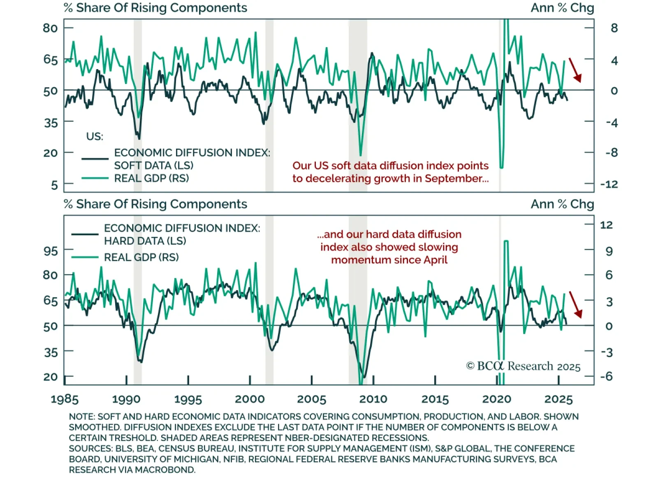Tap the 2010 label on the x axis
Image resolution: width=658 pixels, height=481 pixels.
click(373, 399)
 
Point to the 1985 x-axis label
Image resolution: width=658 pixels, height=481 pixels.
click(65, 399)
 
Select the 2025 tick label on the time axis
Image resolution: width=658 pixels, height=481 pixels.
click(558, 399)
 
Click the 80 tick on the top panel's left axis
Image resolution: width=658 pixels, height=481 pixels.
click(50, 28)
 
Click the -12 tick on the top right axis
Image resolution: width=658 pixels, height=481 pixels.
click(609, 184)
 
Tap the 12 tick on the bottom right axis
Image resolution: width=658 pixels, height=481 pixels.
click(606, 225)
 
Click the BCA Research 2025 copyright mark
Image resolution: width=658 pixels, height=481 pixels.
click(523, 366)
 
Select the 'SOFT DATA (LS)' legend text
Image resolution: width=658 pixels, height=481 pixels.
click(154, 165)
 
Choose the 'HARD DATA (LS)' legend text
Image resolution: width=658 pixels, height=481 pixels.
click(145, 241)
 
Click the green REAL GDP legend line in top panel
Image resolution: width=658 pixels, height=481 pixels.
click(95, 178)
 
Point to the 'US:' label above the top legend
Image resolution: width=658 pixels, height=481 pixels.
click(95, 137)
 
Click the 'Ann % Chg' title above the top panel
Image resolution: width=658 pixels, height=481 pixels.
click(562, 8)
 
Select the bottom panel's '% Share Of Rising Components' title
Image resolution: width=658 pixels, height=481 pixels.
click(155, 204)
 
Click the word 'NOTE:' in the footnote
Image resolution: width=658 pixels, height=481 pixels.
click(82, 417)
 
